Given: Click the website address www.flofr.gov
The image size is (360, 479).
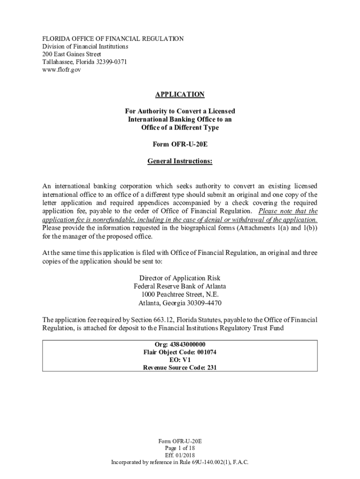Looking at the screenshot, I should (62, 70).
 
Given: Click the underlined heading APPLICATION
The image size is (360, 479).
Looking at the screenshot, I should (180, 94).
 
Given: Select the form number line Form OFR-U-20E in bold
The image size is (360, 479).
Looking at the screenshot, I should (180, 145).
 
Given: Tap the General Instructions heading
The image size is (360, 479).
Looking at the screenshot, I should (180, 161).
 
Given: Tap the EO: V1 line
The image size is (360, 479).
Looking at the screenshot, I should (180, 360).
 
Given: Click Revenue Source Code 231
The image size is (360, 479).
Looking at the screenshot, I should (180, 367).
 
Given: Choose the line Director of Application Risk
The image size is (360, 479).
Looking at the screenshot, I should (180, 278).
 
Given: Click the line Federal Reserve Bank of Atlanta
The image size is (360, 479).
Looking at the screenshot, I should (180, 286).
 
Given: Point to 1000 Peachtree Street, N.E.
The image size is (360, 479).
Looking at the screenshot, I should (180, 294).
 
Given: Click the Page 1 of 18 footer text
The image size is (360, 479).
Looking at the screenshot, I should (180, 448).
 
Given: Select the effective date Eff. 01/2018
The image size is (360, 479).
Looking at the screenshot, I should (180, 455).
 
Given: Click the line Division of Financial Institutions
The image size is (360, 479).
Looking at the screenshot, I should (85, 46).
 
